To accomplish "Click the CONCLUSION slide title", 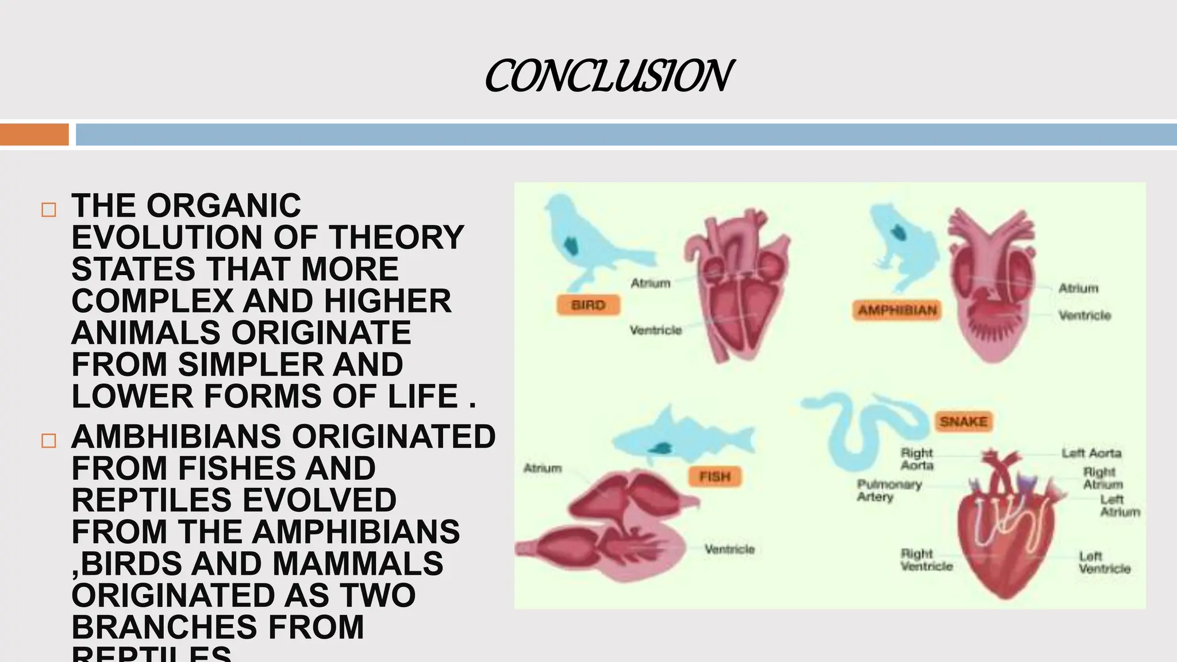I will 608,76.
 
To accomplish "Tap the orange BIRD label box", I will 588,305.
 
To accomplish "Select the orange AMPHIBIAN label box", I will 897,310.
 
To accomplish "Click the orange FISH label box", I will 714,476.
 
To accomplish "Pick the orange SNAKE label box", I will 963,422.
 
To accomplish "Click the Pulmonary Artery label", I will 888,490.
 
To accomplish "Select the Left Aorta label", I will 1091,453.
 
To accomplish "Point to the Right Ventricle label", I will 926,560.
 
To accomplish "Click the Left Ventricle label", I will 1103,563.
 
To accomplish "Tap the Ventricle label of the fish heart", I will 729,549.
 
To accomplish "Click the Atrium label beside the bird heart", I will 650,283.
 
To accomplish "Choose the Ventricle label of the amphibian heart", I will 1084,315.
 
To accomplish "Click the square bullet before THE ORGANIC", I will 49,210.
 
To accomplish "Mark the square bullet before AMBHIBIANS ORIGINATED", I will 49,441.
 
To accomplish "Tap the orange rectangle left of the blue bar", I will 34,134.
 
